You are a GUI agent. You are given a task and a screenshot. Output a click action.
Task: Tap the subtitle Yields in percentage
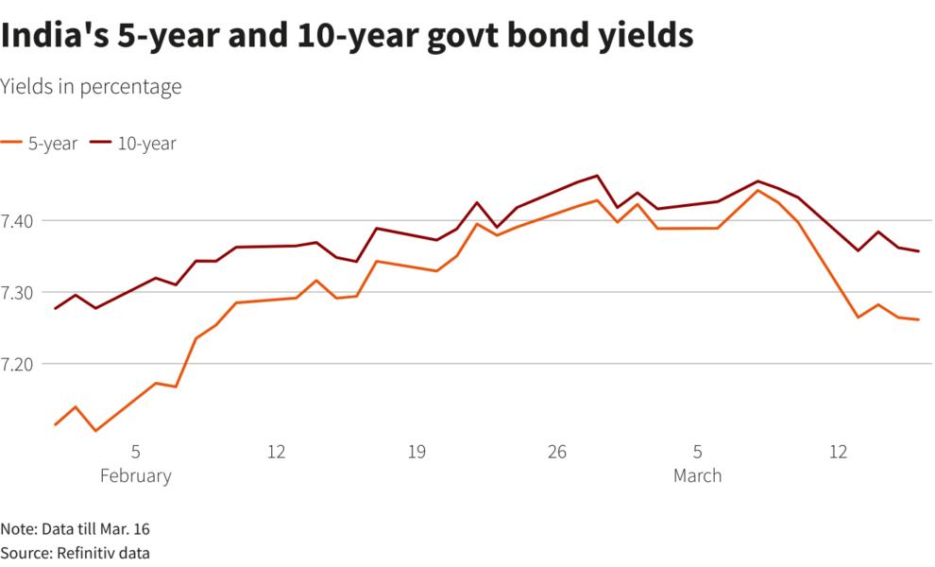(91, 87)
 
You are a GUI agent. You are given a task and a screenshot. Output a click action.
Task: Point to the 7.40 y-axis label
(19, 220)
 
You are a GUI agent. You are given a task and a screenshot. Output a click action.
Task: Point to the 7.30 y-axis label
(19, 292)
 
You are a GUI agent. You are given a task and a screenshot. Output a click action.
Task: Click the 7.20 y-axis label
(19, 364)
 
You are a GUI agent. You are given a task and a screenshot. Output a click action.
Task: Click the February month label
(136, 475)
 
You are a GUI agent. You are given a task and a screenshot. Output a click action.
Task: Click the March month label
(697, 475)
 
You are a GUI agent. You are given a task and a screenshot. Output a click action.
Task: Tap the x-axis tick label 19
(416, 453)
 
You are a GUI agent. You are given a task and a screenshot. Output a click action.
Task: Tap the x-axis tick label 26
(557, 453)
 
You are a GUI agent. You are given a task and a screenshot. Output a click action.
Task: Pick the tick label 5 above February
(136, 453)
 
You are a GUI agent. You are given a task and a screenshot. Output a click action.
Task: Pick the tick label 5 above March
(697, 453)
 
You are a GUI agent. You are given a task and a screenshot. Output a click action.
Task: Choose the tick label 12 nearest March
(838, 453)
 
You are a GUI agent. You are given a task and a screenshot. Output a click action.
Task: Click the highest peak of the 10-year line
(597, 176)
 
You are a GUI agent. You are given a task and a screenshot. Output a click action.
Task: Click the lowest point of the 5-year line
(95, 431)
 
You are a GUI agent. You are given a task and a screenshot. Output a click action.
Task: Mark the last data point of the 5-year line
(918, 319)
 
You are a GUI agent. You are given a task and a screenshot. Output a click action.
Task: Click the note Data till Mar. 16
(76, 528)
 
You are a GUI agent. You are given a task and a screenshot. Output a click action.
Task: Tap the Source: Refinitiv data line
(76, 553)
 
